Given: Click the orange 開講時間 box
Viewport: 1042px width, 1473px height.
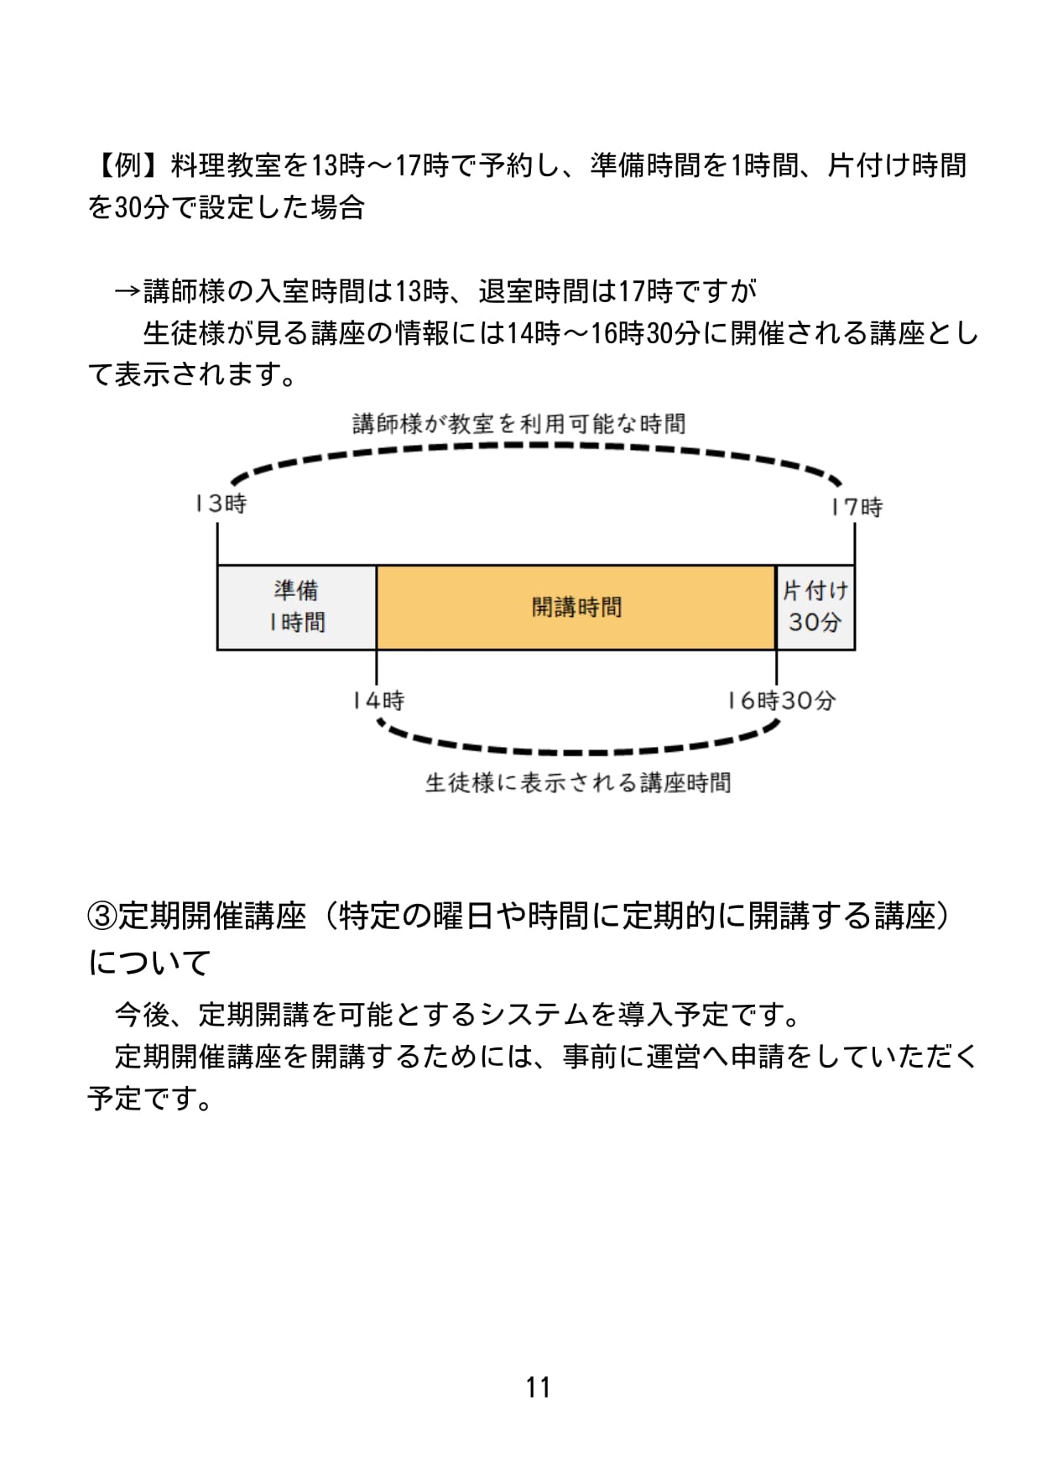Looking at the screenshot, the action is [x=576, y=607].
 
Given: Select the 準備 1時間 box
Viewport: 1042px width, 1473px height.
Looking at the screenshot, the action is [x=297, y=607].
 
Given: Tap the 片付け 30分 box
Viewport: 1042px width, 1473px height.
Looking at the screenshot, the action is [x=815, y=607].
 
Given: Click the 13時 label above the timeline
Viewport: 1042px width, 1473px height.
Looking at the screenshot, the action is [x=221, y=504].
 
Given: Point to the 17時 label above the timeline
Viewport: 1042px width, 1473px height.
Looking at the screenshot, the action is [x=857, y=507].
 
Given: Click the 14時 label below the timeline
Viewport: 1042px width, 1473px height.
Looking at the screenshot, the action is [x=378, y=700].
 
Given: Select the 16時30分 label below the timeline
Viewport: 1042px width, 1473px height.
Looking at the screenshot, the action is [x=782, y=700].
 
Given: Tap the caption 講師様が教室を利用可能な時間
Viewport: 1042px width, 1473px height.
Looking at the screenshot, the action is [x=519, y=424].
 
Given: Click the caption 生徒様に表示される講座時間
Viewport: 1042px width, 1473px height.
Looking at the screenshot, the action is [x=578, y=783].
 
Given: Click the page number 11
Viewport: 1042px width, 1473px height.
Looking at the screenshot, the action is [x=538, y=1387].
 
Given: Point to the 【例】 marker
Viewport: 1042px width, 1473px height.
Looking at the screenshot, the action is [x=128, y=165].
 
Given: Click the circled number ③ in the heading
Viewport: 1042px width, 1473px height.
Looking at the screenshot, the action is [x=102, y=916].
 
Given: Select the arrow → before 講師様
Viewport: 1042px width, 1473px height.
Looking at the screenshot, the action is [x=128, y=291].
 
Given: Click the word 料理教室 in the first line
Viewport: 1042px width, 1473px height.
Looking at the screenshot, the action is [x=226, y=165].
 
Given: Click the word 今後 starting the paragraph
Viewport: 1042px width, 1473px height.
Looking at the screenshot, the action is [x=142, y=1015].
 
